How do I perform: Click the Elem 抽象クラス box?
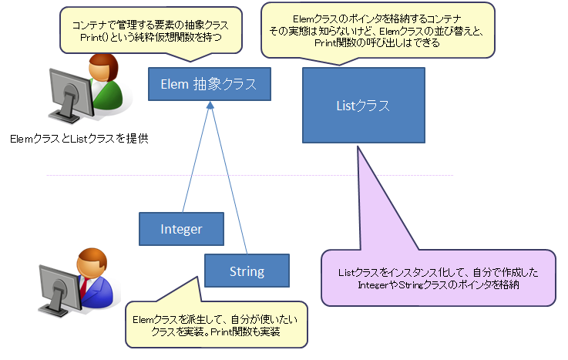208,84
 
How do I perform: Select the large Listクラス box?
361,105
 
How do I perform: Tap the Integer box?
181,229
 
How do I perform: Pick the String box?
247,271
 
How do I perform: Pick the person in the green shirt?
106,86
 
